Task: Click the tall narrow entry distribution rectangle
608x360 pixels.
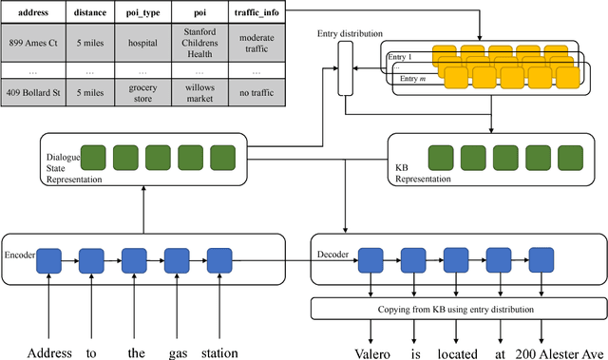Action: tap(344, 72)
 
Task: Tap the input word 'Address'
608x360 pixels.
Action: tap(48, 351)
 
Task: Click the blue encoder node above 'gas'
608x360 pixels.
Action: tap(177, 257)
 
